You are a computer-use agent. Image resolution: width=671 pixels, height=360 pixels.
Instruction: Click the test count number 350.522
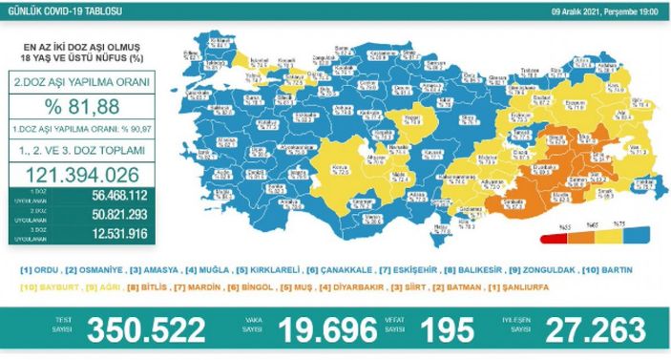[146, 329]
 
